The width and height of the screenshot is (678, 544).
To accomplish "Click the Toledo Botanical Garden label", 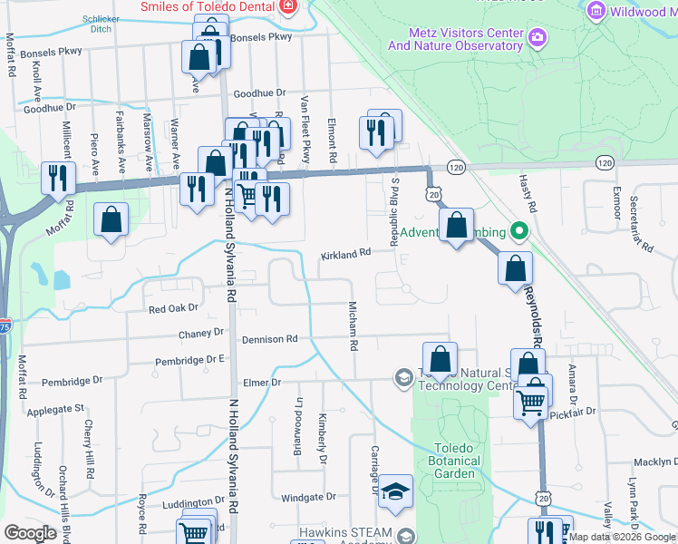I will coord(454,461).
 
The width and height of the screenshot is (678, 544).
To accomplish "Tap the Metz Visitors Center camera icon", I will coord(538,37).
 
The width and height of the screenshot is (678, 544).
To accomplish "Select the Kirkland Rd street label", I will coord(346,256).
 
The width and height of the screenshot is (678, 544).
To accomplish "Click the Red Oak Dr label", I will coord(172,309).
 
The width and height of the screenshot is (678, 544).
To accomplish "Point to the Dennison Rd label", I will coord(269,339).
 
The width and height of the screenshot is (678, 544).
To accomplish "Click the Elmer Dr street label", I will coord(263,383).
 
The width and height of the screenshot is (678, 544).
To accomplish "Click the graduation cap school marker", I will coord(395,491).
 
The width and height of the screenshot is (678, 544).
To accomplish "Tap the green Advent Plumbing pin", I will coord(518,232).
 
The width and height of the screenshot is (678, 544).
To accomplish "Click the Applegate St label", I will coord(55,409).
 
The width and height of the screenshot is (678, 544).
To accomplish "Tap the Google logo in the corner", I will coord(31,533).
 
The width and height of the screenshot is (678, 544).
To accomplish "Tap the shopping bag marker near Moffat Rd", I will coord(111,219).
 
